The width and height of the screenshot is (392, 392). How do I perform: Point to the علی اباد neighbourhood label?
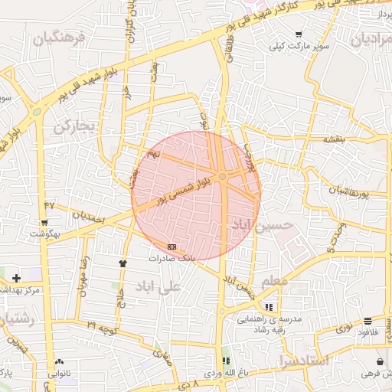pos(158,286)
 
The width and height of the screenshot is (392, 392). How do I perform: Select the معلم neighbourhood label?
pos(276,283)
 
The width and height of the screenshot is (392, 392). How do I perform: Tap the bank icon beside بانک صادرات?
pos(171,247)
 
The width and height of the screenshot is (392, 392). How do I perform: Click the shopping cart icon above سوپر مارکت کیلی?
pos(298,34)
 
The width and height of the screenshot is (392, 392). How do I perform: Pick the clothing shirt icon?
pos(122,263)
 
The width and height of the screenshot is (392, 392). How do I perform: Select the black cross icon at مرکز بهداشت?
pos(16,278)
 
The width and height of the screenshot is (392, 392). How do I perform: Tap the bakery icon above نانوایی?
pos(59,361)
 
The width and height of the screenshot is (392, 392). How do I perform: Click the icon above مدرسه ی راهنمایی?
pos(268,306)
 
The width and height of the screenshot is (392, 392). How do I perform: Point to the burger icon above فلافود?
pos(368,320)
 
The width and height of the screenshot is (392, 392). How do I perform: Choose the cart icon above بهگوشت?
pos(44,223)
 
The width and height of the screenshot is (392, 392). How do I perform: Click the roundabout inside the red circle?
pos(222,177)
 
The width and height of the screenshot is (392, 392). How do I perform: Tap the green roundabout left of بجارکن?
pos(37,113)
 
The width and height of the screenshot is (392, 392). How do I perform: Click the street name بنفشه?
pos(335,141)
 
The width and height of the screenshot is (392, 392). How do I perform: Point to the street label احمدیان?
pos(87,215)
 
